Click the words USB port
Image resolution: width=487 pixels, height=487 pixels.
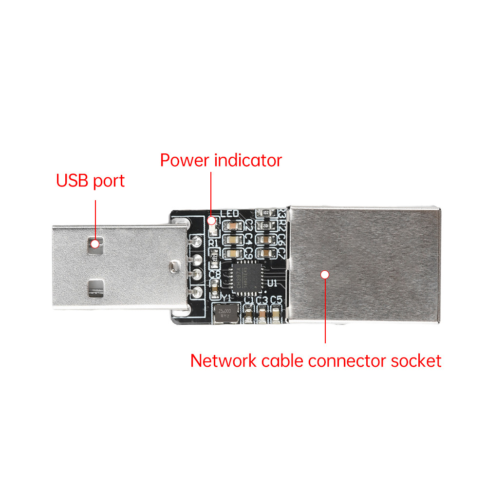point(91,181)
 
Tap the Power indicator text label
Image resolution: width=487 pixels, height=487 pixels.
point(221,160)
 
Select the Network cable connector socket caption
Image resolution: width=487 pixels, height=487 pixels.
point(316,361)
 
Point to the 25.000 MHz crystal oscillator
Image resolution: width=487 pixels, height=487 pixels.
point(225,312)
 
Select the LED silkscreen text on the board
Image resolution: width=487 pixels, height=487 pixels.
point(229,214)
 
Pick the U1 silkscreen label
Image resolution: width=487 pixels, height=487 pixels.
point(272,282)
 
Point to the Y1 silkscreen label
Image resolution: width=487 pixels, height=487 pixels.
point(227,298)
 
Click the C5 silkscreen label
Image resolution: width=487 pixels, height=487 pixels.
point(276,300)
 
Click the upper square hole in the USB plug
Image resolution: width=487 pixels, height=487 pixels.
point(95,243)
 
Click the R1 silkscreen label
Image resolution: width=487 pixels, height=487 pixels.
point(213,243)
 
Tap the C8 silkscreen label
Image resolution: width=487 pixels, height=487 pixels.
point(214,275)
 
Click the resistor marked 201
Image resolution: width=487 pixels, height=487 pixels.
point(266,226)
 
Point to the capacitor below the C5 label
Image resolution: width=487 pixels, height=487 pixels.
point(276,315)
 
